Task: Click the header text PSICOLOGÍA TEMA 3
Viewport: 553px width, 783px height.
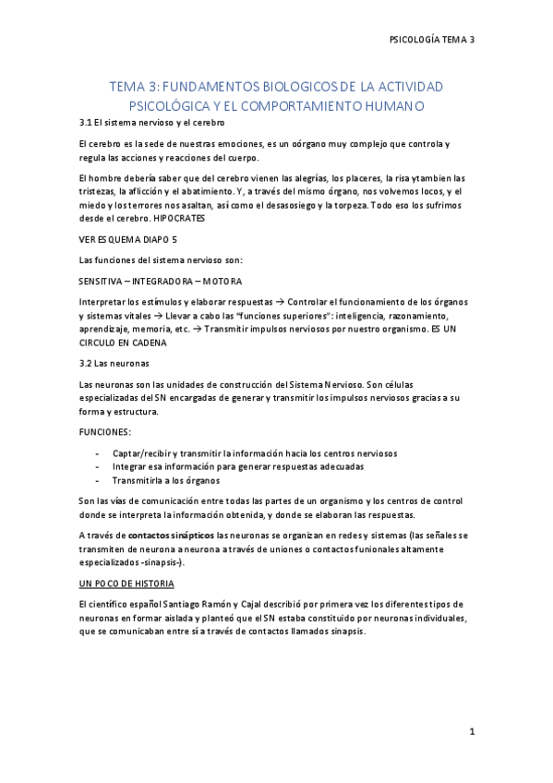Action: pos(431,40)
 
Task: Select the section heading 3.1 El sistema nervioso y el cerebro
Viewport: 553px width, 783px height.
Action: pos(151,123)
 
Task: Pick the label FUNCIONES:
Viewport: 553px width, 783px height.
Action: pos(104,431)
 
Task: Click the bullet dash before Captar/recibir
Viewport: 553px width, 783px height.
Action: pos(98,453)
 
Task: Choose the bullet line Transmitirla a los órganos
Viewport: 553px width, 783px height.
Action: pos(166,480)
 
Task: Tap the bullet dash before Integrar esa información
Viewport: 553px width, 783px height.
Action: pos(98,467)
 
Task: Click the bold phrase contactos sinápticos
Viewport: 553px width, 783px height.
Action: pos(171,536)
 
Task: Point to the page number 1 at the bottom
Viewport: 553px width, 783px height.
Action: pos(471,732)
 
